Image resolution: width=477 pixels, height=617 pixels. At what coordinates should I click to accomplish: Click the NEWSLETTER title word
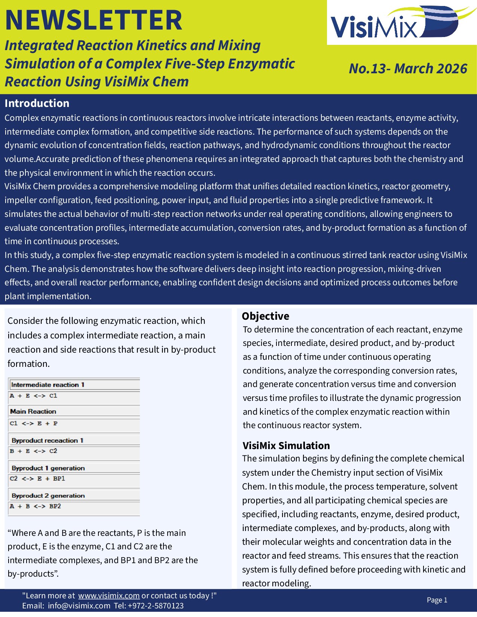click(x=93, y=20)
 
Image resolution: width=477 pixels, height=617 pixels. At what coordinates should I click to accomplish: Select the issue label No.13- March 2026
click(x=408, y=69)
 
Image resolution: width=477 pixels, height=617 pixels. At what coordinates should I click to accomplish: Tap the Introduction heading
click(x=37, y=103)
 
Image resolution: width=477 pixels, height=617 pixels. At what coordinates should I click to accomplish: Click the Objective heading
click(x=265, y=316)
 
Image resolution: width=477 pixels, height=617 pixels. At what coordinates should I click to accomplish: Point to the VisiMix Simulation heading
click(x=286, y=445)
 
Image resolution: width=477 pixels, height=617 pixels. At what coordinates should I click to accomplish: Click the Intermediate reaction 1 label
click(x=48, y=385)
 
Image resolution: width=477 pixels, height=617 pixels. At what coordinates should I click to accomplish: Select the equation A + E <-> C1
click(x=34, y=396)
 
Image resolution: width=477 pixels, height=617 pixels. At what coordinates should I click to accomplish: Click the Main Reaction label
click(x=33, y=411)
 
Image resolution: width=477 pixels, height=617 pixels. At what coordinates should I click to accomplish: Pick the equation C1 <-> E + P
click(x=34, y=423)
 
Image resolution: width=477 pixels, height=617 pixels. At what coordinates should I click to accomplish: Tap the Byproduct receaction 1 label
click(x=47, y=441)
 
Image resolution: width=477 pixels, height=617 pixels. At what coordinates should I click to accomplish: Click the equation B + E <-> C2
click(x=34, y=451)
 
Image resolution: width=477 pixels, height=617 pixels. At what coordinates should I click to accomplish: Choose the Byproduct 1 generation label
click(x=48, y=468)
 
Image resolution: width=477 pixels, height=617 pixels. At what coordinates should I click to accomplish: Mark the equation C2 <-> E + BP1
click(x=37, y=479)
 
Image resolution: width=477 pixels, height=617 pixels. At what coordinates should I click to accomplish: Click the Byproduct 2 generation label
click(x=48, y=496)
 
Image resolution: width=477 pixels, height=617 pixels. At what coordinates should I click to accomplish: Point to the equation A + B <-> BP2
click(x=35, y=506)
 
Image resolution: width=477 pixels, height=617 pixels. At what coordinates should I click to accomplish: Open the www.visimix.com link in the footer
click(x=108, y=596)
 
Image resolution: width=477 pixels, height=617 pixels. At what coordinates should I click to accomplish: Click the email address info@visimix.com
click(x=79, y=606)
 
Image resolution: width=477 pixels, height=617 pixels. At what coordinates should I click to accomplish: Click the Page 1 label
click(x=437, y=600)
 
